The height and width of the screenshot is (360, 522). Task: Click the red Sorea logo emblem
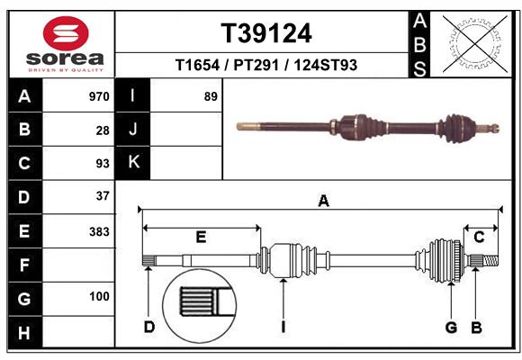click(65, 33)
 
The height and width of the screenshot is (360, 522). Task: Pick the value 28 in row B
click(103, 130)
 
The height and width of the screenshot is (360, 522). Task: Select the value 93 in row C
click(103, 163)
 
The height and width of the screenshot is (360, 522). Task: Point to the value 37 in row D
click(103, 196)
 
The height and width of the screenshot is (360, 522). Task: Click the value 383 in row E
click(99, 231)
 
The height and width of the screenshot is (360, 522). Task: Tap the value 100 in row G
click(99, 297)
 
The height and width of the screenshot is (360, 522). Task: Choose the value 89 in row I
click(211, 96)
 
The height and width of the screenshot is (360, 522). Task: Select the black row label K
click(134, 163)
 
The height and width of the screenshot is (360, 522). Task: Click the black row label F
click(24, 265)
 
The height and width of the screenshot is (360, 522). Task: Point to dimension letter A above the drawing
click(323, 202)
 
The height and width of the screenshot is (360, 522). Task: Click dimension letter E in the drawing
click(201, 237)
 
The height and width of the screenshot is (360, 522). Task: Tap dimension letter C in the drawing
click(480, 237)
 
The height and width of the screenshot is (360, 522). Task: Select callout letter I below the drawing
click(283, 327)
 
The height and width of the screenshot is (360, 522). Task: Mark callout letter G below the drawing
click(452, 327)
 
